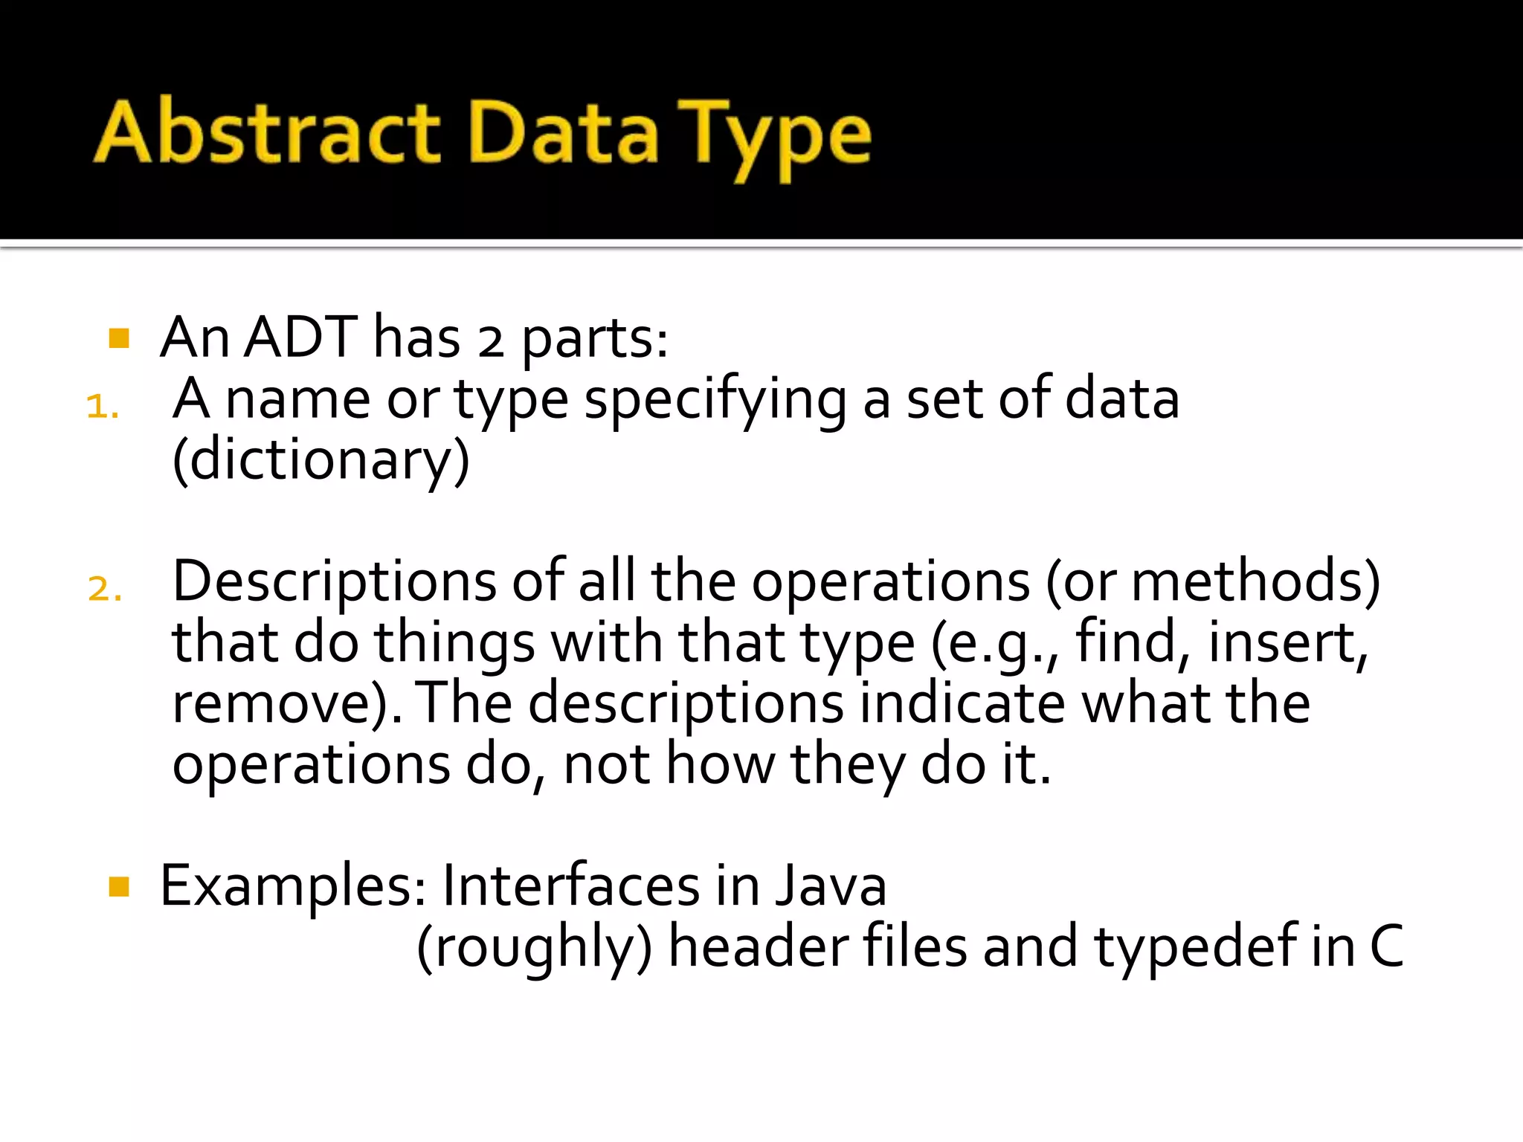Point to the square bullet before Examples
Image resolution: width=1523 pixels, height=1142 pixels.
click(x=119, y=886)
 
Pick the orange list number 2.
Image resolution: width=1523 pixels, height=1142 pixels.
click(x=104, y=589)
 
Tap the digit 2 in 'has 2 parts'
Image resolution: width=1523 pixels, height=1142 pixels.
click(x=490, y=342)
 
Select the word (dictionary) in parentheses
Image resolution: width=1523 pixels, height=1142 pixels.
click(x=321, y=461)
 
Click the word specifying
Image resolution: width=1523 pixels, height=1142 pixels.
click(x=715, y=401)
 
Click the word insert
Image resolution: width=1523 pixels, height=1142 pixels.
click(x=1288, y=642)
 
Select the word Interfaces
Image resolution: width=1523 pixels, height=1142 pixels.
click(x=571, y=886)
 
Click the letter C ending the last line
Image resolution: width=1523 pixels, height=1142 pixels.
click(x=1386, y=947)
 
